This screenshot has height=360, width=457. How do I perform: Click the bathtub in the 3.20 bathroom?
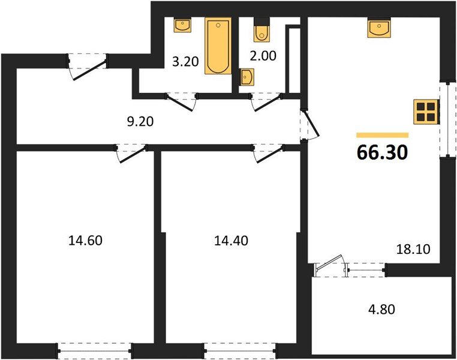tap(218, 46)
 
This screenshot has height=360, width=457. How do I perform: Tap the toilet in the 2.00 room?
tap(261, 29)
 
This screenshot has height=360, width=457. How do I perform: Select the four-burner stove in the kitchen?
tap(426, 112)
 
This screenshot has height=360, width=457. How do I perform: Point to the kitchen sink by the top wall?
tap(379, 28)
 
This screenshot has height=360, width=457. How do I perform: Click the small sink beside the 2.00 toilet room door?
tap(246, 77)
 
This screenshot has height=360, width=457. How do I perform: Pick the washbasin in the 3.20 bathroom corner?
tap(182, 25)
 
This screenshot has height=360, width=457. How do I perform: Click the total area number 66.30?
tap(382, 152)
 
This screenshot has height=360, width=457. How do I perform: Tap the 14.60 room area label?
tap(85, 241)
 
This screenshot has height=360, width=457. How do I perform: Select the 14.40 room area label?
tap(231, 241)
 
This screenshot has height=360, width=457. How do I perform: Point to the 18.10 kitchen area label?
tap(413, 249)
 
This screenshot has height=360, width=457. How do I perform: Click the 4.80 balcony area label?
tap(381, 309)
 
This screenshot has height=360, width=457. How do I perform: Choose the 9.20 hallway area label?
tap(140, 122)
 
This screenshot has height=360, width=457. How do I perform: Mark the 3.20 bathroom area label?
tap(185, 62)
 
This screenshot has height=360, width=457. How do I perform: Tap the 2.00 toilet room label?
tap(263, 56)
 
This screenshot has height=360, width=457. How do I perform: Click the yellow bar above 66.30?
tap(383, 135)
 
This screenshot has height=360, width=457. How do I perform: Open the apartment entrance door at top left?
tap(88, 67)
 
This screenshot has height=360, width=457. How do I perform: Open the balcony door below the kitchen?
tap(331, 266)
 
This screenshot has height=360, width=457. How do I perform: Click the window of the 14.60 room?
tap(95, 350)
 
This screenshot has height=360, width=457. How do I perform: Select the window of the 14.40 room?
tap(240, 350)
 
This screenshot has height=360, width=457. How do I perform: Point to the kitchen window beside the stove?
tap(447, 120)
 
